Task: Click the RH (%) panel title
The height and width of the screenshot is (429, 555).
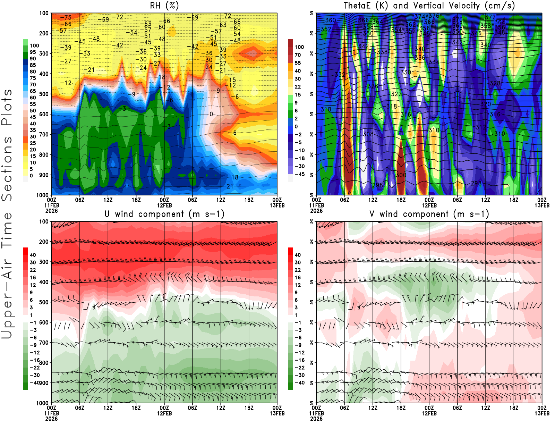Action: tap(164, 6)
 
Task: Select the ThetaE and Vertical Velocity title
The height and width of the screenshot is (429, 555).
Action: tap(429, 6)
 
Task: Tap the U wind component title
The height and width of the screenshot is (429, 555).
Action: tap(164, 214)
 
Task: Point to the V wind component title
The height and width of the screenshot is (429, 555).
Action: tap(429, 214)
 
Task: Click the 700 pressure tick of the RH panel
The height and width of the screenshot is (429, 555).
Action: tap(44, 134)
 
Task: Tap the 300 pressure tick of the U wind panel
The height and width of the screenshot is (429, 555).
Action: tap(44, 262)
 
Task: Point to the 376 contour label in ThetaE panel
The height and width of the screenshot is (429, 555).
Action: tap(434, 16)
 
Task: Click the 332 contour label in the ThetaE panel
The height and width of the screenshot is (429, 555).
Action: tap(340, 75)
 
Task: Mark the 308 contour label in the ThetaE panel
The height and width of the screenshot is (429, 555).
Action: tap(368, 134)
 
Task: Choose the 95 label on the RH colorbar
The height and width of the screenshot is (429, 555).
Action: tap(33, 52)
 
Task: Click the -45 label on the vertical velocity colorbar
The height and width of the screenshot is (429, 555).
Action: tap(299, 174)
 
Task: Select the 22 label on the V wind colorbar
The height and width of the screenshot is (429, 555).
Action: tap(298, 270)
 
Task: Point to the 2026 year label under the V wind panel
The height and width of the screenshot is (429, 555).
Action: tap(316, 419)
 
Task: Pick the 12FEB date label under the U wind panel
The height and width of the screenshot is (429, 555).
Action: tap(164, 413)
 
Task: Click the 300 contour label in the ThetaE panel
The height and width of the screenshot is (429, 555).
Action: tap(401, 175)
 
